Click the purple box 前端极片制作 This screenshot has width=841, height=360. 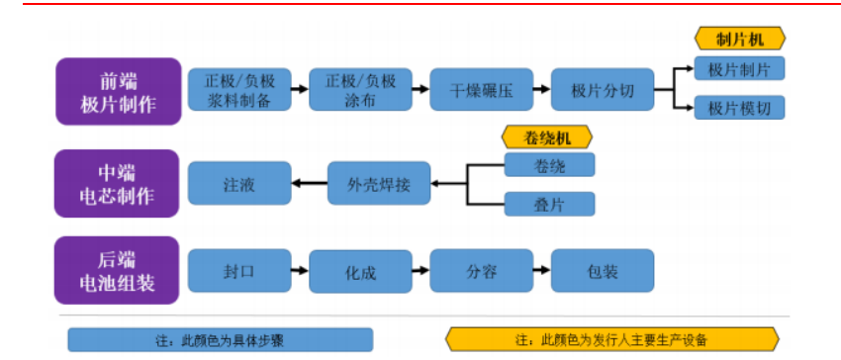[118, 92]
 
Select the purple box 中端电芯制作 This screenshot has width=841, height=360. [118, 183]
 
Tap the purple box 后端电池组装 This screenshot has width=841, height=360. [118, 270]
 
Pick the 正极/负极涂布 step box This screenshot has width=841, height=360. [360, 91]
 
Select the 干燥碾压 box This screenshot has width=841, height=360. [482, 91]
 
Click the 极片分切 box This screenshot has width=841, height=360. [603, 91]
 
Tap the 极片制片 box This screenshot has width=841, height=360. [739, 68]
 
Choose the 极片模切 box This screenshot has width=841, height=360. [739, 108]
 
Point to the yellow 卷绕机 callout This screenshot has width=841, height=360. [548, 136]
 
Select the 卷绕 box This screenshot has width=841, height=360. [549, 165]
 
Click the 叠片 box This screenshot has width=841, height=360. [549, 204]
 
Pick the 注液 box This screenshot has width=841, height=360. [239, 183]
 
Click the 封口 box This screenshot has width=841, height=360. [239, 270]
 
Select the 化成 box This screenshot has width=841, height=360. [360, 270]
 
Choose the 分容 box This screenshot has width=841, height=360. [482, 270]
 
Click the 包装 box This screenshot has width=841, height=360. [603, 270]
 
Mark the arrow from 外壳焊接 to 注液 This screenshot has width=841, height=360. [310, 183]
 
